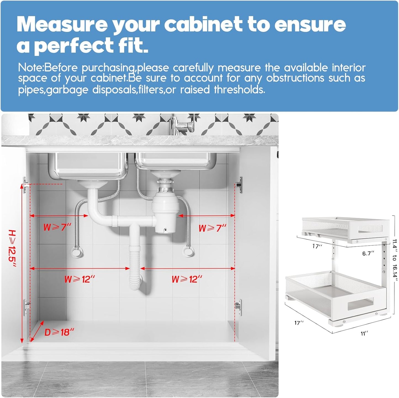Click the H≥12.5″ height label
tap(12, 248)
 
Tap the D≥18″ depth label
tap(59, 332)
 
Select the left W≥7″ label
tap(57, 227)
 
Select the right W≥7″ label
tap(212, 228)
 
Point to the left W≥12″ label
tap(80, 279)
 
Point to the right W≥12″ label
tap(187, 279)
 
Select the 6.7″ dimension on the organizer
tap(368, 253)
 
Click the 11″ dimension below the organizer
tap(364, 334)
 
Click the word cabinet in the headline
tap(203, 24)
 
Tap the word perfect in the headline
tap(74, 45)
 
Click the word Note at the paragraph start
tap(30, 68)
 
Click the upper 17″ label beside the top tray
tap(317, 246)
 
